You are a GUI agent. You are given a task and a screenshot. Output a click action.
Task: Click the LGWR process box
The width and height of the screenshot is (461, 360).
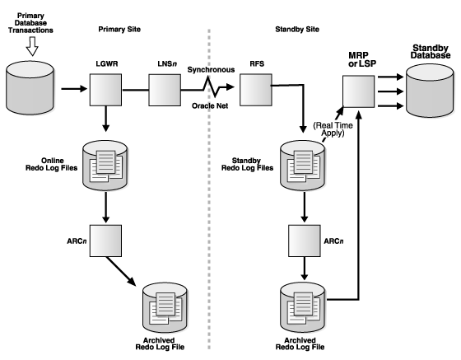(105, 90)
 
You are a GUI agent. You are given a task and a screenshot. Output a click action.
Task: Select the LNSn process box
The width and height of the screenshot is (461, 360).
(165, 90)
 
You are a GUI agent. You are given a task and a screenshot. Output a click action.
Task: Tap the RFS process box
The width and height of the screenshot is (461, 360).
(256, 90)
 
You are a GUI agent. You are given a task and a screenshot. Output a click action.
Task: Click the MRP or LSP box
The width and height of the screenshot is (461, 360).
(358, 91)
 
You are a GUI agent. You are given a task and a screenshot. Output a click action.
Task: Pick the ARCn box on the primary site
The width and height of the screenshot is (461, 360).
(105, 241)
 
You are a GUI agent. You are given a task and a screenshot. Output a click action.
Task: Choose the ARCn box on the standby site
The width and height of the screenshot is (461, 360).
(305, 241)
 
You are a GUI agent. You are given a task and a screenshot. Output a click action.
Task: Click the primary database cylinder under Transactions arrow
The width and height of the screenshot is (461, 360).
(30, 87)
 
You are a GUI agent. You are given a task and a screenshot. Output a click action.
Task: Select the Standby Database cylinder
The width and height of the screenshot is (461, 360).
(430, 91)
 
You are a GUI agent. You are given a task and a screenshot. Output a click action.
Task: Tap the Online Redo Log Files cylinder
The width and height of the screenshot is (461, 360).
(105, 166)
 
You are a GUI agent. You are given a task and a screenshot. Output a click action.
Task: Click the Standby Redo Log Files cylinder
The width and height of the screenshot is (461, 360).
(303, 166)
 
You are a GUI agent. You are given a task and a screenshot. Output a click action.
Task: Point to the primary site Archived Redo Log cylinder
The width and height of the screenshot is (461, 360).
(165, 308)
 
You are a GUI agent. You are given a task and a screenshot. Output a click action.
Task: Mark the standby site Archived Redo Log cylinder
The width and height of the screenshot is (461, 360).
(303, 308)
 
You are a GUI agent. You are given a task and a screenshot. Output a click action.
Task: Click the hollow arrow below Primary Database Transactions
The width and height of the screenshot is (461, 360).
(32, 46)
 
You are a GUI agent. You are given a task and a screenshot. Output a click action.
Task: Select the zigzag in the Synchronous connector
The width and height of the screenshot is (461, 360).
(211, 86)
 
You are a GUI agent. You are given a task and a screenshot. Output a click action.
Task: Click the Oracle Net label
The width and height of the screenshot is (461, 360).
(210, 106)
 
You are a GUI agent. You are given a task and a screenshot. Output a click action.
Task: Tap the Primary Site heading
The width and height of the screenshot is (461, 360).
(119, 29)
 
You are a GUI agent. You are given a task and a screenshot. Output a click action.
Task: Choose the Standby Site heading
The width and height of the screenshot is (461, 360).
(297, 29)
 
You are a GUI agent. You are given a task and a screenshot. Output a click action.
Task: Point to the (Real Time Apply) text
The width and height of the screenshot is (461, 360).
(333, 129)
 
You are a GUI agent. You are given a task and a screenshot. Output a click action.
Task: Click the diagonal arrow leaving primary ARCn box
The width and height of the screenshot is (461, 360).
(121, 271)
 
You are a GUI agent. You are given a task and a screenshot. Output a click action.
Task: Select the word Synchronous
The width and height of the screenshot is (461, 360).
(211, 70)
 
